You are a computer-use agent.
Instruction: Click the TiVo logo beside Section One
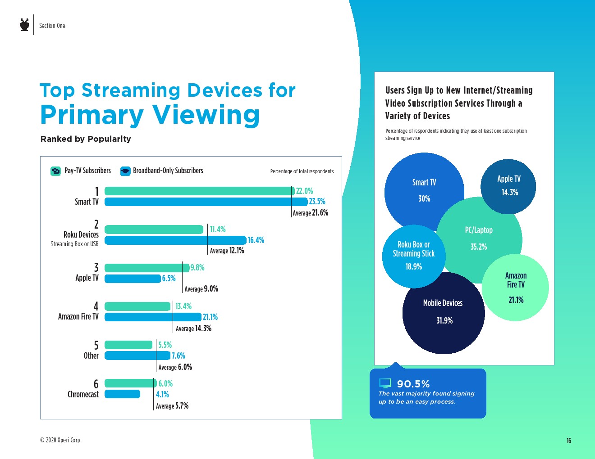coord(25,25)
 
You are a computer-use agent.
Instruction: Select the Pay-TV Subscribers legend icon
coord(55,171)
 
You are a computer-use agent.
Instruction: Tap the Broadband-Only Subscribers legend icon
coord(125,171)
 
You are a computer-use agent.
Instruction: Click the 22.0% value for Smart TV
coord(304,191)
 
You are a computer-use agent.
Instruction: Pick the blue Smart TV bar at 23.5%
coord(206,202)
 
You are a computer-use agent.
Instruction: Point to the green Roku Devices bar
coord(154,229)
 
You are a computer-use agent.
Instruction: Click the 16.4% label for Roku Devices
coord(256,240)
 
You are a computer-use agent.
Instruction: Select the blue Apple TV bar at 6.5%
coord(133,279)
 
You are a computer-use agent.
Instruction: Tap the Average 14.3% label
coord(193,328)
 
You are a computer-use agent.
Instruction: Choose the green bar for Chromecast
coord(130,383)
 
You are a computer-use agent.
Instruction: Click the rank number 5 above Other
coord(96,345)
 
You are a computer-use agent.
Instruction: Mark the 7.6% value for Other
coord(178,356)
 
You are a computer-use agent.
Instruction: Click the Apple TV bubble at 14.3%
coord(508,186)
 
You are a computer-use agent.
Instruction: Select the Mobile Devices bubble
coord(443,313)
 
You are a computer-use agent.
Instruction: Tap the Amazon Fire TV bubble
coord(516,288)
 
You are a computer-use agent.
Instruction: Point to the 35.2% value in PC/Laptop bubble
coord(479,247)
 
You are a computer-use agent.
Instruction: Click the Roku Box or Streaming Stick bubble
coord(413,256)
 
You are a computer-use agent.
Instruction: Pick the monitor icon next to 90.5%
coord(385,383)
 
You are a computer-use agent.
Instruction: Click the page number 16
coord(569,441)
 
